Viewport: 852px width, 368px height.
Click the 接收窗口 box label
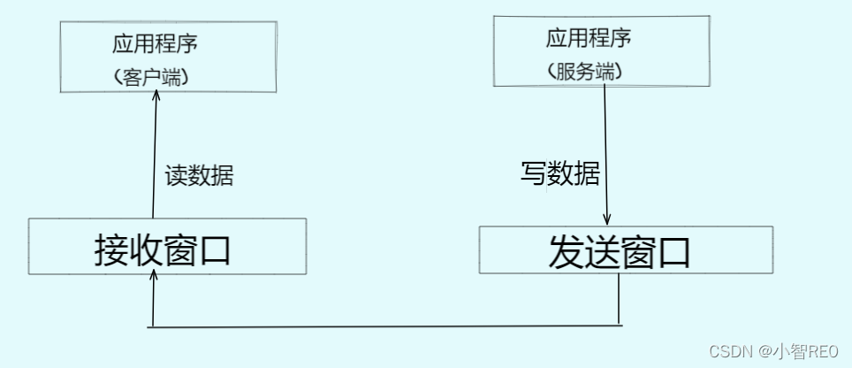pos(163,250)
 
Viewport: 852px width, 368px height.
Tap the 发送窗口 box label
pos(619,253)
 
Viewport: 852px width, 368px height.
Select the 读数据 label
pos(200,175)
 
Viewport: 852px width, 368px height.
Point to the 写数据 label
pos(559,173)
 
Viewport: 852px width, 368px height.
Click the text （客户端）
pos(152,77)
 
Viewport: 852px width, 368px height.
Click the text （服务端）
pos(584,73)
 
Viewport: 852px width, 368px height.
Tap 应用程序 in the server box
pos(589,38)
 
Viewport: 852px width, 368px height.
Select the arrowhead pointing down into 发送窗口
pos(607,220)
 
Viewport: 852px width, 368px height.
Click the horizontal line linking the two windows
pos(385,326)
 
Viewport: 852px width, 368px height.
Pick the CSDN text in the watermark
pos(729,351)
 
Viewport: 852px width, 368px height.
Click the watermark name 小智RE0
pos(808,351)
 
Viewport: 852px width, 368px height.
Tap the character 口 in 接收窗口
pos(214,250)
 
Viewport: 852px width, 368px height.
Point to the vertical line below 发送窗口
pos(618,300)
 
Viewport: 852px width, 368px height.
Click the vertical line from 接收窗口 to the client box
pos(155,159)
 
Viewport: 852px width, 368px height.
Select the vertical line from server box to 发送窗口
pos(606,150)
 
